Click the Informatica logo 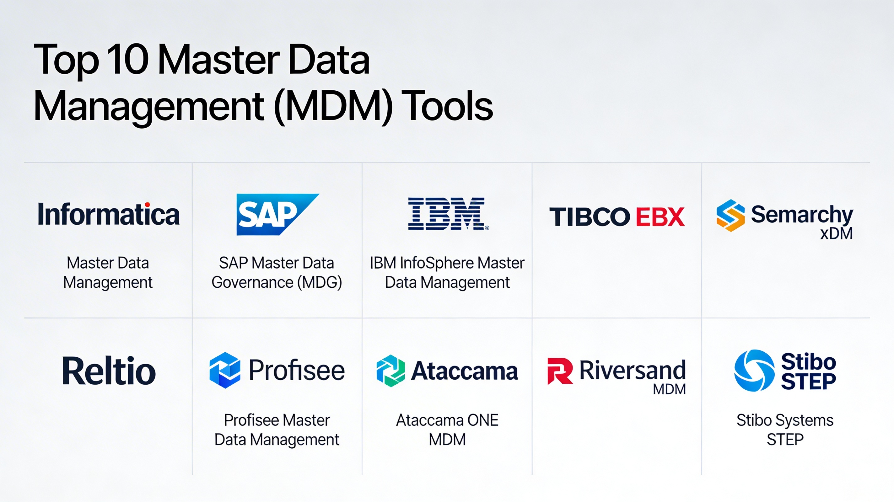coord(109,214)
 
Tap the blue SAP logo coord(277,214)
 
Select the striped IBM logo coord(448,214)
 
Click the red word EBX coord(660,216)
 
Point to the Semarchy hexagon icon coord(730,215)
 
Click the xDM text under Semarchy coord(836,233)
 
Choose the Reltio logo coord(109,371)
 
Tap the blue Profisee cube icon coord(225,370)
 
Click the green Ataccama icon coord(390,371)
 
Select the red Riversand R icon coord(560,371)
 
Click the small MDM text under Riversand coord(669,389)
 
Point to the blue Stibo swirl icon coord(754,371)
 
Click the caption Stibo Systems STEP coord(785,430)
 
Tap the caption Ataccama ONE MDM coord(447,430)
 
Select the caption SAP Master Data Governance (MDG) coord(277,273)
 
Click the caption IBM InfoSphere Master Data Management coord(447,273)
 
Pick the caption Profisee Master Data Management coord(277,430)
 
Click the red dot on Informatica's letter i coord(148,205)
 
